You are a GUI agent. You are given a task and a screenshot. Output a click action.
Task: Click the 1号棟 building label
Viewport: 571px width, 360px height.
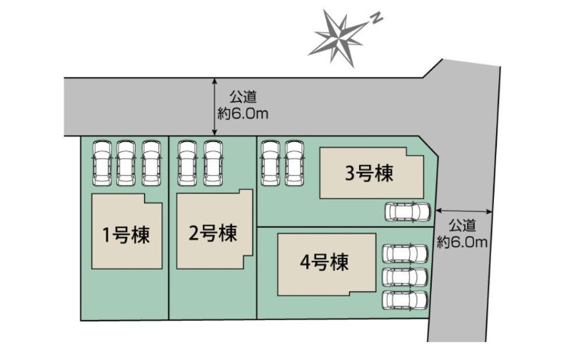click(x=126, y=235)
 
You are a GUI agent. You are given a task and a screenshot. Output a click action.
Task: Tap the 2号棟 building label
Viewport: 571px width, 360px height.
click(x=213, y=232)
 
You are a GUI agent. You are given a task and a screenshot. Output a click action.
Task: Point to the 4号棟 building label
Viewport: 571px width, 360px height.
click(x=325, y=261)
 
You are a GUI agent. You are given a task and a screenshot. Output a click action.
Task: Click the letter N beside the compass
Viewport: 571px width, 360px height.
click(x=377, y=19)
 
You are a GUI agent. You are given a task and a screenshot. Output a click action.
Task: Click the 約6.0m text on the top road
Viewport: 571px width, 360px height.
click(x=243, y=114)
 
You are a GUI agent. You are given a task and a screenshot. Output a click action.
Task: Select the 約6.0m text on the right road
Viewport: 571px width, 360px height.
click(x=462, y=241)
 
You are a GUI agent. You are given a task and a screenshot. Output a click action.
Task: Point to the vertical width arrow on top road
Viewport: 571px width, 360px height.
click(x=215, y=106)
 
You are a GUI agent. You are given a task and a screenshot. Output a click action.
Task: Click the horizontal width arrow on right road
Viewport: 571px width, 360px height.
click(x=464, y=211)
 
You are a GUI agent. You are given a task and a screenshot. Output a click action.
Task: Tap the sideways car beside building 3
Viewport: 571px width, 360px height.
click(x=408, y=211)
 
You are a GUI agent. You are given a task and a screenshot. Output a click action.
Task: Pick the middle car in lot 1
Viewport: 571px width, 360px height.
click(x=126, y=164)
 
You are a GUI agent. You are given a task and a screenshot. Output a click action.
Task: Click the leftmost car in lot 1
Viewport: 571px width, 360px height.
click(x=102, y=164)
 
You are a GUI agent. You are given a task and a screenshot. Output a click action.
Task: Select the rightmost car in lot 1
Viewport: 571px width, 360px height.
click(x=151, y=164)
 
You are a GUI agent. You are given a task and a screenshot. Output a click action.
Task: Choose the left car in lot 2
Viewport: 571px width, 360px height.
click(x=188, y=164)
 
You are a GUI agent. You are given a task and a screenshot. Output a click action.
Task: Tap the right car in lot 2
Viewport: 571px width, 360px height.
click(x=213, y=164)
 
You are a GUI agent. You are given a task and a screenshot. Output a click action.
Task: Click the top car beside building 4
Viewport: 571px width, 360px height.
click(x=405, y=254)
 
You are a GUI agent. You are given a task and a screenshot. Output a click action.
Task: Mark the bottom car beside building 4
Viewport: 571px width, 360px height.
click(x=405, y=300)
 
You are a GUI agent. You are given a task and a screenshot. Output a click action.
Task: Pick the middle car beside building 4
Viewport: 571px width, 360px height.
click(x=405, y=277)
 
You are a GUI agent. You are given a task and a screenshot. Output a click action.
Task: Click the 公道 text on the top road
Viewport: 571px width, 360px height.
click(x=243, y=97)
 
